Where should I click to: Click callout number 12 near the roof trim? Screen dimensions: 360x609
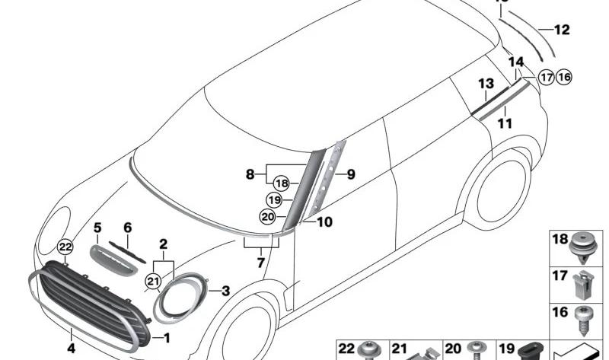pos(562,30)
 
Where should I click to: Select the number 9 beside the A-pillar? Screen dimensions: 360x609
pos(351,174)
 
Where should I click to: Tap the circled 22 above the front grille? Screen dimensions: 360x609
pos(65,247)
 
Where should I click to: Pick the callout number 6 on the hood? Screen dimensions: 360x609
pos(127,228)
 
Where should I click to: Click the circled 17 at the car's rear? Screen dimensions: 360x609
pos(546,77)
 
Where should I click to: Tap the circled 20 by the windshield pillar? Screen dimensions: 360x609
pos(267,216)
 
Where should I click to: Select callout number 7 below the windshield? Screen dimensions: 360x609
pos(260,263)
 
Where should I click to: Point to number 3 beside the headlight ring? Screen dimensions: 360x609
pos(225,291)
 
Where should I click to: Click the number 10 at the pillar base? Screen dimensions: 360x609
pos(325,222)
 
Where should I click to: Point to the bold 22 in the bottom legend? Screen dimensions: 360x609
pos(346,349)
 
